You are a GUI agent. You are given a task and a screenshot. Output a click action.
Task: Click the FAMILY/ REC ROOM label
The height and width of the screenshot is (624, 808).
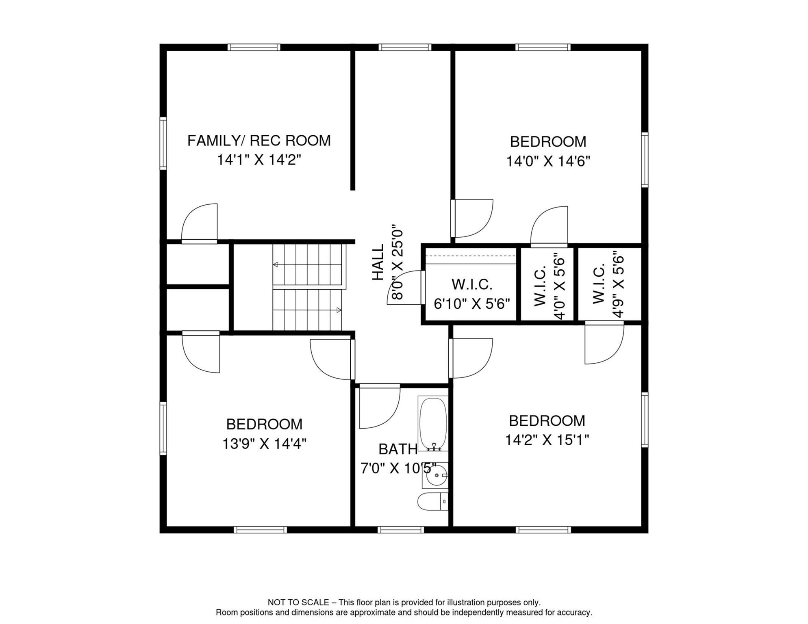pyautogui.click(x=259, y=141)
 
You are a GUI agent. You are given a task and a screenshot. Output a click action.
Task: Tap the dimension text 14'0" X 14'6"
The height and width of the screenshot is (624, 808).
pyautogui.click(x=548, y=161)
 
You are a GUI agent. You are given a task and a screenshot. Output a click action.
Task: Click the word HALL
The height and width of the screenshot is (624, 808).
pyautogui.click(x=378, y=262)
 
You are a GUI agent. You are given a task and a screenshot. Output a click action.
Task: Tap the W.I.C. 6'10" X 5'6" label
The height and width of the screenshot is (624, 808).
pyautogui.click(x=472, y=294)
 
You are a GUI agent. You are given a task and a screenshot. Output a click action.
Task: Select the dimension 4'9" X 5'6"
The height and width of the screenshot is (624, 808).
pyautogui.click(x=618, y=286)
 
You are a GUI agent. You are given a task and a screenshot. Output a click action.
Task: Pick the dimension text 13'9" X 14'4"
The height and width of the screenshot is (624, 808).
pyautogui.click(x=264, y=444)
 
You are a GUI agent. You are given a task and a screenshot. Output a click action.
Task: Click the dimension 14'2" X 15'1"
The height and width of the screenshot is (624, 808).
pyautogui.click(x=547, y=440)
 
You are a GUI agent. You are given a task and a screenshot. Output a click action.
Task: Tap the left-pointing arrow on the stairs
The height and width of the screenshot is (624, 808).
pyautogui.click(x=276, y=264)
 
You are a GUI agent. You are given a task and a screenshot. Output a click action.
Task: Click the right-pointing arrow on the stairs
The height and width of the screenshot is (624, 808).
pyautogui.click(x=339, y=310)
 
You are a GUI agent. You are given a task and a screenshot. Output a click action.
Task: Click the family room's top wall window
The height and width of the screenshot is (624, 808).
pyautogui.click(x=254, y=48)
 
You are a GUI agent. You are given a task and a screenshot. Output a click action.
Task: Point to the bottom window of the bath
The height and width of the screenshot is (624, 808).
pyautogui.click(x=400, y=530)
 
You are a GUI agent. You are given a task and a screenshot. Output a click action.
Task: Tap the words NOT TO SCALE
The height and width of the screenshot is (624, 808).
pyautogui.click(x=298, y=602)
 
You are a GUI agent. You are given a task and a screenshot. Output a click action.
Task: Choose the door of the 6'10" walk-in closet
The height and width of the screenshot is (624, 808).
pyautogui.click(x=423, y=287)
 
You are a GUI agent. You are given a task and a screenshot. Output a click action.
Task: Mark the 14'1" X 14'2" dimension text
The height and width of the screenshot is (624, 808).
pyautogui.click(x=259, y=160)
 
